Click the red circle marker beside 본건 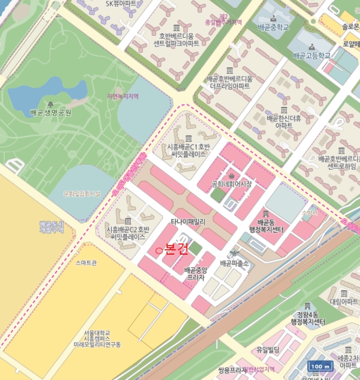pos(159,250)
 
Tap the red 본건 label pos(175,249)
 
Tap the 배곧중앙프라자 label pos(195,273)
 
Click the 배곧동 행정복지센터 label pos(270,225)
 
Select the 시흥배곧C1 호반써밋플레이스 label pos(187,150)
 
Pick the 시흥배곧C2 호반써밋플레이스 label pos(126,233)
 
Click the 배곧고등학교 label pos(311,55)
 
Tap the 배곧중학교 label pos(273,27)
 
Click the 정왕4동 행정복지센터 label pos(307,318)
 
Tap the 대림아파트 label pos(343,301)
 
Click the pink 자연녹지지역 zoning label pos(123,96)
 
